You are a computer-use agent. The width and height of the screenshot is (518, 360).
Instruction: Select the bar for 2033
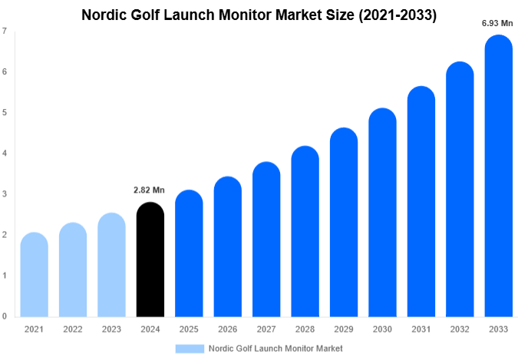[498, 177]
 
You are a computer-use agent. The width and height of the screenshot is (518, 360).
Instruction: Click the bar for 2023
[111, 265]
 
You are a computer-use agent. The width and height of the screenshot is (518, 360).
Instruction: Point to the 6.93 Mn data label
[497, 24]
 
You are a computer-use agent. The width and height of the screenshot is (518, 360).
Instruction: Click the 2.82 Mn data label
[150, 190]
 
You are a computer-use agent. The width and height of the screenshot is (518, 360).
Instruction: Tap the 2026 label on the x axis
[227, 329]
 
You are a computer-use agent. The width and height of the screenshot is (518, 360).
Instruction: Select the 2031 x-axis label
[421, 329]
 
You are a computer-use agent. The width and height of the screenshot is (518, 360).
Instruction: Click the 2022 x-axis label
[73, 329]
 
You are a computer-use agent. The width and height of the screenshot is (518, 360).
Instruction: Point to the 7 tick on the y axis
[5, 31]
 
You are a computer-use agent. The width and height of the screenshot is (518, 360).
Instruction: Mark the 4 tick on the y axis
[5, 154]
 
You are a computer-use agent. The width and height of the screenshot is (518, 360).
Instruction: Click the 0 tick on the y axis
[5, 316]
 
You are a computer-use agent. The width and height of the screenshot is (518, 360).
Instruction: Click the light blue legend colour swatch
[190, 348]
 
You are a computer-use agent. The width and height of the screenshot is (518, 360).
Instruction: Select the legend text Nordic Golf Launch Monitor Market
[275, 348]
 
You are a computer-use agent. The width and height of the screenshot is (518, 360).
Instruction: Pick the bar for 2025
[189, 253]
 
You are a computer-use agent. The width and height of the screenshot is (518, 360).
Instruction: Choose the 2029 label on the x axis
[343, 329]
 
